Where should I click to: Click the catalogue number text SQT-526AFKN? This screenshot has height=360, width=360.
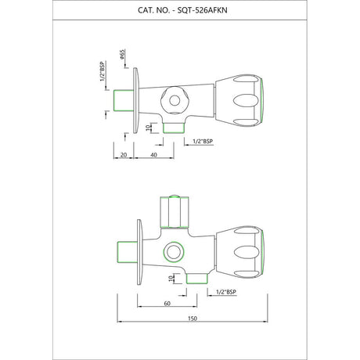pos(202,10)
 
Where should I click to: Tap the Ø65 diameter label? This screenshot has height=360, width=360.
pos(123,55)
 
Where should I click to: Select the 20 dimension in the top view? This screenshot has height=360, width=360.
pos(124,155)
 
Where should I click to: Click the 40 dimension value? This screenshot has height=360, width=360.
pos(154,155)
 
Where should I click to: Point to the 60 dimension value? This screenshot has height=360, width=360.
pos(167,304)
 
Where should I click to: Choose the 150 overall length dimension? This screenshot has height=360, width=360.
pos(193,319)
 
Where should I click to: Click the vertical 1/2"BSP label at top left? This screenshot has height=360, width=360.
pos(103,71)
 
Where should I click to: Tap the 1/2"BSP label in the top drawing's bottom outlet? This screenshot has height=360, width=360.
pos(203,142)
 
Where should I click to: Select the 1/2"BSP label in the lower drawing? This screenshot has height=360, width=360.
pos(226,292)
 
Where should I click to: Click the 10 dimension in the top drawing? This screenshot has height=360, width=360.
pos(148,128)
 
